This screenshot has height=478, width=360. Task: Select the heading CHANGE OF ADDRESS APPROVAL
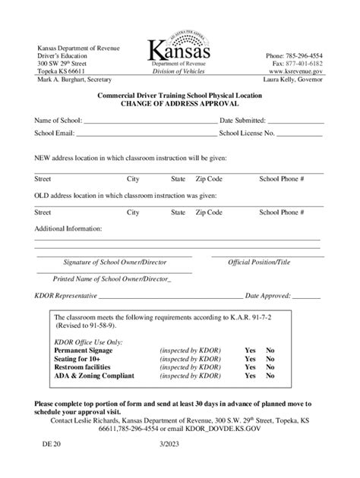(179, 104)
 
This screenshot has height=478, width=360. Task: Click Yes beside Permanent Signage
(250, 350)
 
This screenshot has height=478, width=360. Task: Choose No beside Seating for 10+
(270, 358)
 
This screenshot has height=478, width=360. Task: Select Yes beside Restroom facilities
(250, 366)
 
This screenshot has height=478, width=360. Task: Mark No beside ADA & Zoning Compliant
(270, 376)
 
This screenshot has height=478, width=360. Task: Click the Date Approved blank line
(302, 296)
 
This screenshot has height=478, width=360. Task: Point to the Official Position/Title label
(259, 263)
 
